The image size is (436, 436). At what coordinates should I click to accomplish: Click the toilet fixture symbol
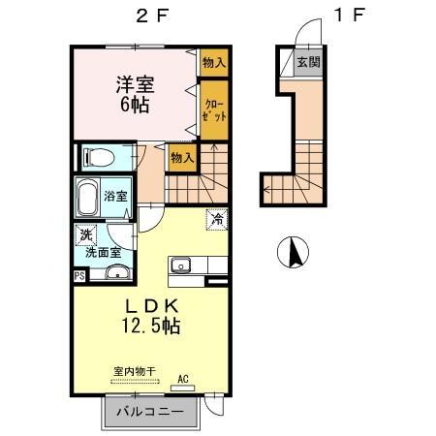[x=99, y=158]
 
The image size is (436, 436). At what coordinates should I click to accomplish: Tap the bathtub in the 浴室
[x=88, y=199]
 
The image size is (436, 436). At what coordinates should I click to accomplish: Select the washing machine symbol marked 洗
[x=85, y=234]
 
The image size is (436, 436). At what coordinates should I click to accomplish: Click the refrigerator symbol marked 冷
[x=217, y=220]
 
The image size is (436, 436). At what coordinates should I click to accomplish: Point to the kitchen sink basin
[x=180, y=265]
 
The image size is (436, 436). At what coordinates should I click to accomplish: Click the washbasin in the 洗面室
[x=117, y=272]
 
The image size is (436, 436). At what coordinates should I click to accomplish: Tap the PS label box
[x=79, y=276]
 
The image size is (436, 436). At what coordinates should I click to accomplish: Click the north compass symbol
[x=293, y=252]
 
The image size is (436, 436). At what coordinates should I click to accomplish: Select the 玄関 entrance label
[x=308, y=62]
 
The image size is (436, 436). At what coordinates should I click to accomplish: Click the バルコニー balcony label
[x=150, y=412]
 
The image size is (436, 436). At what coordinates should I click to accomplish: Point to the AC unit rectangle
[x=183, y=388]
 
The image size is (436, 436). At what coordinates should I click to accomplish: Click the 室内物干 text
[x=135, y=371]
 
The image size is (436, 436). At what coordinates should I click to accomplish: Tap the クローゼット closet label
[x=214, y=110]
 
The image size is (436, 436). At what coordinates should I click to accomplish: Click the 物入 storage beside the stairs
[x=182, y=158]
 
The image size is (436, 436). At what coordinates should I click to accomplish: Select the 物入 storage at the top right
[x=214, y=62]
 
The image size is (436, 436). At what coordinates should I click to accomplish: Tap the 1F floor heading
[x=350, y=16]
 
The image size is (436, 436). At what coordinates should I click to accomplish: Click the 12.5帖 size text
[x=151, y=326]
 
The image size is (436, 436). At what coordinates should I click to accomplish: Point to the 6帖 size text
[x=135, y=104]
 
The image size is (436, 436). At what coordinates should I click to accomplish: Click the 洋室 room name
[x=136, y=84]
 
